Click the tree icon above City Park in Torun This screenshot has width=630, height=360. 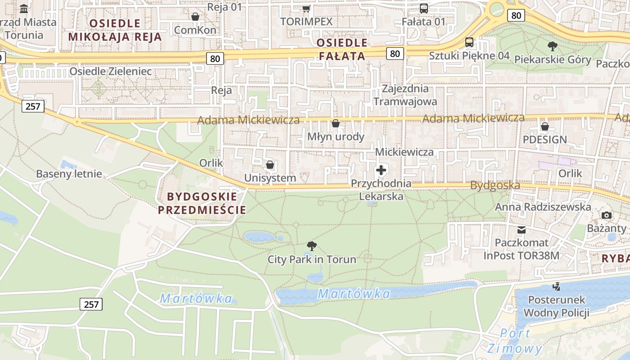pos(311,246)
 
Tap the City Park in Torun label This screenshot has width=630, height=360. pos(312,259)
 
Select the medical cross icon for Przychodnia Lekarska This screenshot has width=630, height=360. pos(381,170)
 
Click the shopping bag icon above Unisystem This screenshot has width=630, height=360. pos(270,165)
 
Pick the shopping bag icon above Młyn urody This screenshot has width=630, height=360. pos(336,123)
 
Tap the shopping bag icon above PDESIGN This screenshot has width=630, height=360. pos(544,126)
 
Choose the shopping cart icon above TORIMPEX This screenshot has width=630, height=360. pos(306,9)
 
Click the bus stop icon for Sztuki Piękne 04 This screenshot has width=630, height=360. pos(469,42)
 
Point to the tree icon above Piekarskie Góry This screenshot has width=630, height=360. pos(552,46)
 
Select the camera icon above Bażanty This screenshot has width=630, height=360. pos(607,215)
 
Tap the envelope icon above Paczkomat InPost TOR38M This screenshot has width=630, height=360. pos(522,230)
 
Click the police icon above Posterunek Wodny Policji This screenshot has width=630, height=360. pos(557,286)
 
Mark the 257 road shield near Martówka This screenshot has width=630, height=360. pos(91,304)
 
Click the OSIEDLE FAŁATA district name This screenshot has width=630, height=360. pos(342,49)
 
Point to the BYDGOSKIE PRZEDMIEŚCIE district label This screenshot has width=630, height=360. pos(202,203)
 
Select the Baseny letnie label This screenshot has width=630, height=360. pos(69,174)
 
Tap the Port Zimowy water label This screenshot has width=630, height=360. pos(515,341)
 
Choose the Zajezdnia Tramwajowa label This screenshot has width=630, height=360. pos(405,95)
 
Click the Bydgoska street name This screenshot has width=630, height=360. pos(495,185)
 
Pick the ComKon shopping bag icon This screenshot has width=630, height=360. pos(195,17)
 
